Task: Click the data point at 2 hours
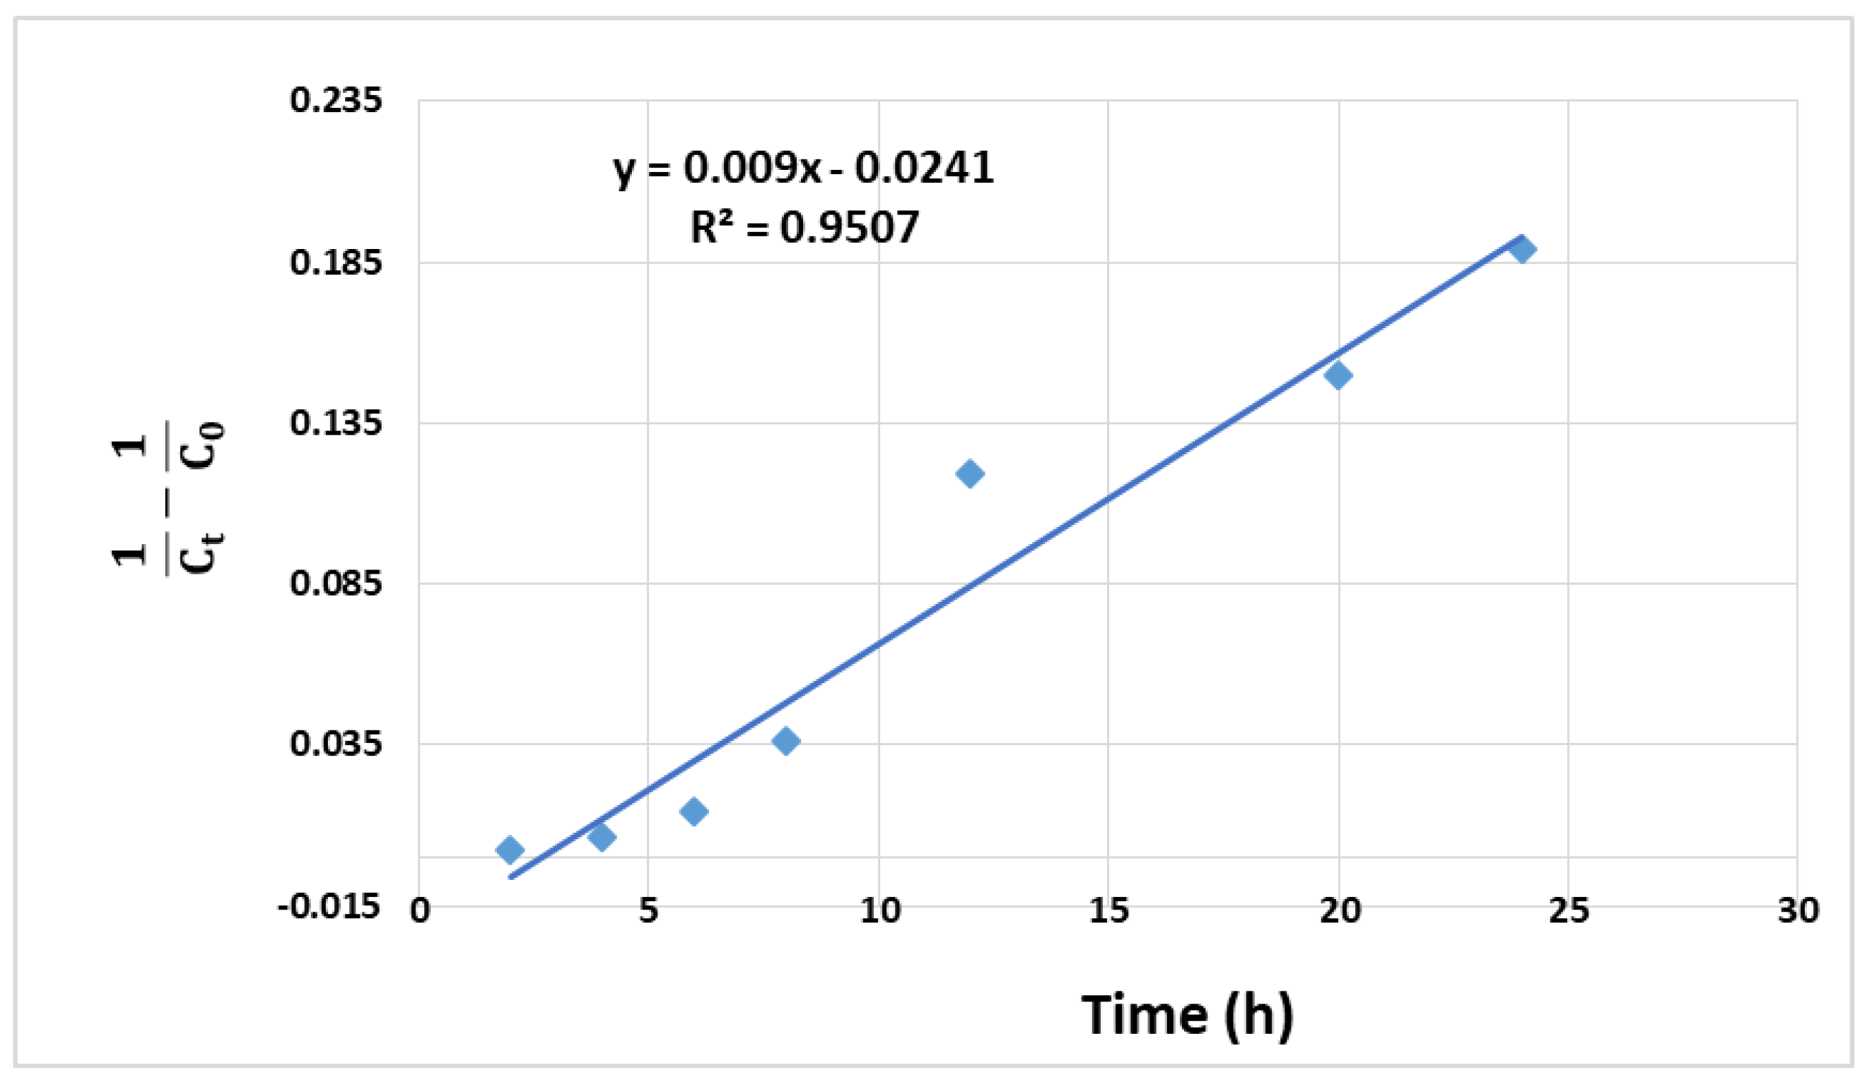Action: tap(509, 850)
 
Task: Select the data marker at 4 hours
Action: tap(601, 836)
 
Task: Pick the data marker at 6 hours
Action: tap(694, 810)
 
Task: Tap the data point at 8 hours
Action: tap(786, 741)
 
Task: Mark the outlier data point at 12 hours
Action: tap(970, 473)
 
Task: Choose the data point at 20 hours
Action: tap(1338, 375)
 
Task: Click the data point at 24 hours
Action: tap(1522, 249)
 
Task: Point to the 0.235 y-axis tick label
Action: tap(336, 100)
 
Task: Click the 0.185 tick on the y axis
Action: tap(336, 263)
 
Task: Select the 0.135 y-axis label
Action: tap(336, 423)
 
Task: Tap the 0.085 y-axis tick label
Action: tap(336, 583)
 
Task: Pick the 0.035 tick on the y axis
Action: tap(336, 744)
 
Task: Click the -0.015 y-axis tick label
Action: tap(329, 907)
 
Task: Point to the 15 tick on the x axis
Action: tap(1108, 910)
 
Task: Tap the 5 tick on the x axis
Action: tap(648, 910)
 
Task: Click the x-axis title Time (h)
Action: tap(1187, 1015)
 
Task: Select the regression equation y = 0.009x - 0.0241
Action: tap(802, 168)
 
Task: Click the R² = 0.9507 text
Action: tap(804, 227)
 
